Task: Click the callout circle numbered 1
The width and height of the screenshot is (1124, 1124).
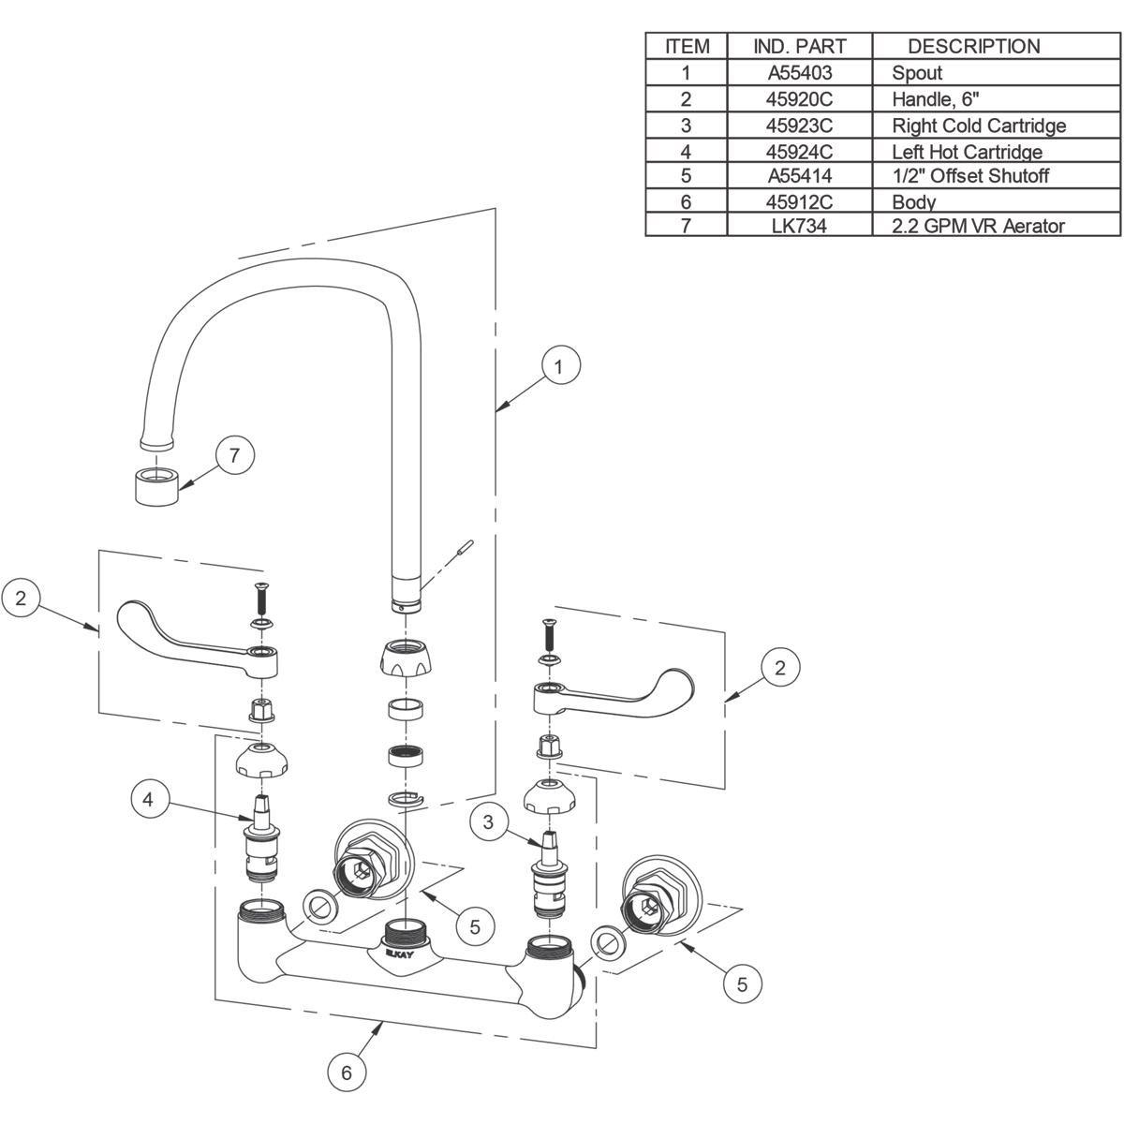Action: (x=558, y=367)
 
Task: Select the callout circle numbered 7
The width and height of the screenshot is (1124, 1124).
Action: (x=235, y=456)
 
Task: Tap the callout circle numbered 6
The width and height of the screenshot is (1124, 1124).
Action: (x=347, y=1072)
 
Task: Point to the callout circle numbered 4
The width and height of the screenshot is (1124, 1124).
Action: (x=149, y=800)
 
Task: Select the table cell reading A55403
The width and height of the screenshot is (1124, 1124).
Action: (x=799, y=73)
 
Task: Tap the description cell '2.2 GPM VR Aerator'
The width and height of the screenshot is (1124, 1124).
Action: (x=978, y=226)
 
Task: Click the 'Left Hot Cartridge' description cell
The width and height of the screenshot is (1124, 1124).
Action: (x=967, y=152)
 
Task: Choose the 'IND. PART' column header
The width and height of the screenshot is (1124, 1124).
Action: (x=799, y=46)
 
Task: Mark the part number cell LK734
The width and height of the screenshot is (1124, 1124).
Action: (x=799, y=226)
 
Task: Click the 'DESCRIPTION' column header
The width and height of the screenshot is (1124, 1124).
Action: (x=973, y=46)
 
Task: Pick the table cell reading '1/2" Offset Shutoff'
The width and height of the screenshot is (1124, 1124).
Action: (x=969, y=176)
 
